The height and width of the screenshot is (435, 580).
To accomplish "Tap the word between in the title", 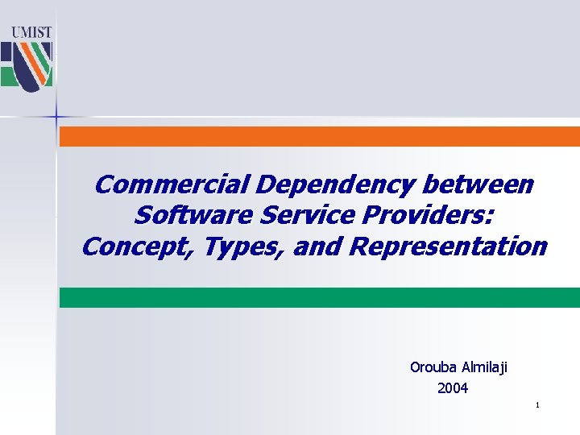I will (480, 185).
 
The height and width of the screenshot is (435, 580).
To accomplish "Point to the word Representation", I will (449, 246).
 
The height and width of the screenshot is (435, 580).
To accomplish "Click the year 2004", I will (453, 388).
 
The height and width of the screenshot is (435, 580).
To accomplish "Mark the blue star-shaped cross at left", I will (57, 118).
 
